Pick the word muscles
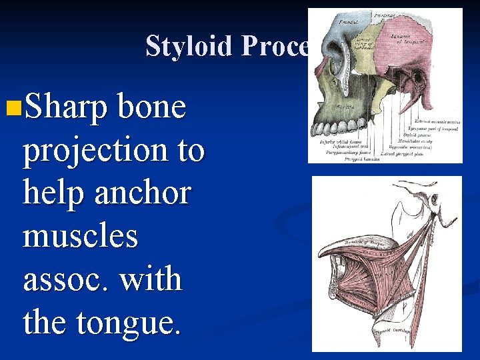(x=81, y=236)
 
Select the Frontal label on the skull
(x=347, y=21)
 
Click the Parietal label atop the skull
(x=384, y=14)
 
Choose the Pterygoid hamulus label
(x=361, y=158)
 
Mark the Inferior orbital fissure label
(x=336, y=141)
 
